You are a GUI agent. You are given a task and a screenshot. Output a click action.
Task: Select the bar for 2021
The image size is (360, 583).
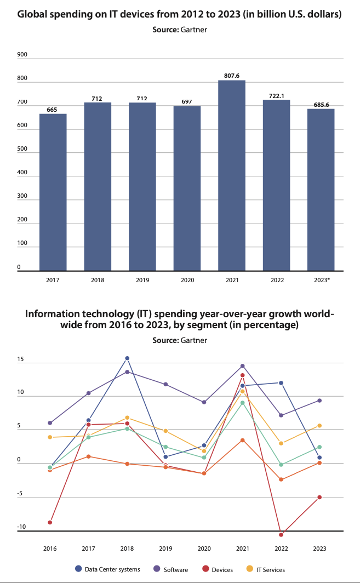click(x=231, y=175)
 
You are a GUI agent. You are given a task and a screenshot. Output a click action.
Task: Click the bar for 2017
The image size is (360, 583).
click(x=53, y=192)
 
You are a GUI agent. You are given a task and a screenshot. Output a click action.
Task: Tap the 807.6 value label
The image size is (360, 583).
click(x=231, y=76)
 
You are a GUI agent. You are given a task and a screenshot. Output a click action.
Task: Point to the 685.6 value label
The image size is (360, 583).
click(x=321, y=104)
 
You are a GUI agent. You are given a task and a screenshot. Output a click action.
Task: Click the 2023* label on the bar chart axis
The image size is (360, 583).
click(x=321, y=279)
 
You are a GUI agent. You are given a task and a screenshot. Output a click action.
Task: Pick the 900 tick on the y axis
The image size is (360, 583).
click(x=22, y=54)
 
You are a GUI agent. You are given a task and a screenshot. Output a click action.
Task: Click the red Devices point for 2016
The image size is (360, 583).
click(x=50, y=522)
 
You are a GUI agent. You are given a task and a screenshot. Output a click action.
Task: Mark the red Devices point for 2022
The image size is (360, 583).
click(x=281, y=534)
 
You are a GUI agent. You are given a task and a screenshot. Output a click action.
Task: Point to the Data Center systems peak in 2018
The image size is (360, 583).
click(x=127, y=358)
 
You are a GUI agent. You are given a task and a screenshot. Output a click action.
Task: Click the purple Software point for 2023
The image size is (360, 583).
click(x=319, y=401)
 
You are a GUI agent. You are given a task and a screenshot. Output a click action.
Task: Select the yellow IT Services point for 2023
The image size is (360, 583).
click(x=319, y=426)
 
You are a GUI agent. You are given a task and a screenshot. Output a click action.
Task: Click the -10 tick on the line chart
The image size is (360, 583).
click(x=21, y=527)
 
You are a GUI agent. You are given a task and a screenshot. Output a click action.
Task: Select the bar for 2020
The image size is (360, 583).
click(x=187, y=188)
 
